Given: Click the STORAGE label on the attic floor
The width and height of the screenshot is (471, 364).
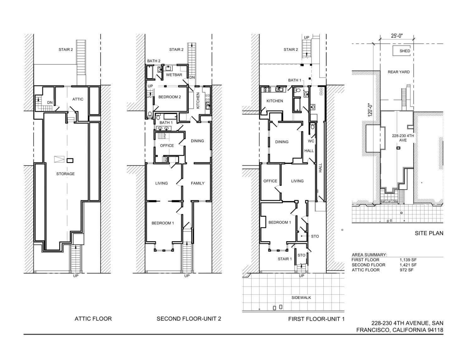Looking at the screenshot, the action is (65, 174).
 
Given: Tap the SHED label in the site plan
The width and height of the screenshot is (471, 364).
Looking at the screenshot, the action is (405, 51).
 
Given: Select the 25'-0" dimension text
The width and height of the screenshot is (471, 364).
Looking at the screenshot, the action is (397, 36).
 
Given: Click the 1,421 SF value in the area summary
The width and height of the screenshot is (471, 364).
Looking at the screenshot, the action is (408, 265).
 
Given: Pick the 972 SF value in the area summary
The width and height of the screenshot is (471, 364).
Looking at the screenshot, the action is (406, 270).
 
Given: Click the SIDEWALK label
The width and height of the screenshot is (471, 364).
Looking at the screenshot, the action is (301, 298).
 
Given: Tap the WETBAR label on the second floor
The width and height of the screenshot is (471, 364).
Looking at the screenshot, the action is (174, 75).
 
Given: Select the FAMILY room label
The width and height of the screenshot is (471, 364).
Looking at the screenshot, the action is (198, 183).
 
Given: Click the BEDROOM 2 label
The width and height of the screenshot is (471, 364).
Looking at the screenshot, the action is (170, 97).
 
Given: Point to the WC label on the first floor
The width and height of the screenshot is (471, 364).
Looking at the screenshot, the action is (311, 141).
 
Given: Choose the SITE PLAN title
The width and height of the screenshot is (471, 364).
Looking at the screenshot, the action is (429, 233).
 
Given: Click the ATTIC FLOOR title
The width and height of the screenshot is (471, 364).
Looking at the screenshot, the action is (93, 319).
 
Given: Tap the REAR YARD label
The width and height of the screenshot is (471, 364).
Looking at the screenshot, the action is (398, 72).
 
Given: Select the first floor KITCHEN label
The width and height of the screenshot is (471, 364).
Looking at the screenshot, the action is (275, 101).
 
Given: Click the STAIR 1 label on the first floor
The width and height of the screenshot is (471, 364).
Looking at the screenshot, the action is (284, 259).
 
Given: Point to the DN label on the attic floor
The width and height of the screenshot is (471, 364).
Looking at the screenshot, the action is (50, 102).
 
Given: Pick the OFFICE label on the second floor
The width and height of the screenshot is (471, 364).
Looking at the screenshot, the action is (167, 145).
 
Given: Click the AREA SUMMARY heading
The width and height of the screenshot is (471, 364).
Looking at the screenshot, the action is (369, 255).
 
